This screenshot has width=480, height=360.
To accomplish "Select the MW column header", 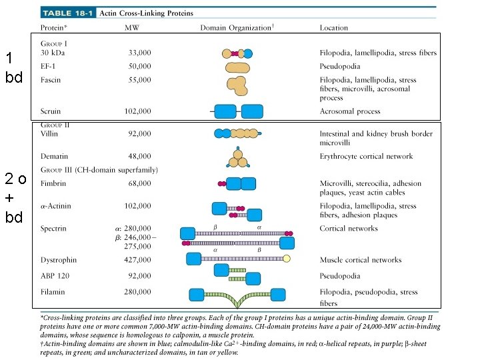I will tap(132, 28).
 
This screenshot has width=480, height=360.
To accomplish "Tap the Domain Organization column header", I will tap(237, 28).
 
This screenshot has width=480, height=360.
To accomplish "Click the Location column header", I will tap(333, 28).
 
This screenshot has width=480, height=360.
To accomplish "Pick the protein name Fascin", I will tap(50, 80).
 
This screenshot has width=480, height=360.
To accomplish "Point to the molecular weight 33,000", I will tap(139, 53).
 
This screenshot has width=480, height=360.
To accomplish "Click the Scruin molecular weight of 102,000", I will tap(137, 111).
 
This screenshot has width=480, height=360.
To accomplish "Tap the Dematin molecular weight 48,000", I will tap(139, 157).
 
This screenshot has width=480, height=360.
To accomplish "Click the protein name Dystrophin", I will tap(58, 260).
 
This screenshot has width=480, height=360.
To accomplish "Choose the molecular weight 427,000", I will tap(137, 260).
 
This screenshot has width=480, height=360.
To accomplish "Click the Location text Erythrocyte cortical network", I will tap(366, 157).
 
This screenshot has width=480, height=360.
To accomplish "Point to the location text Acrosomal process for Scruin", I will tap(350, 111).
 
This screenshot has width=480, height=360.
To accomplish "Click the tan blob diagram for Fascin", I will tap(237, 84).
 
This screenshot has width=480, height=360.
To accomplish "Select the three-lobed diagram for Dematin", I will tap(237, 159).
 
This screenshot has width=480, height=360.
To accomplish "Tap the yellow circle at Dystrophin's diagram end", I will tap(287, 259).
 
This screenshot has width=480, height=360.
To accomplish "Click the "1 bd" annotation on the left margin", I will tap(14, 67).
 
